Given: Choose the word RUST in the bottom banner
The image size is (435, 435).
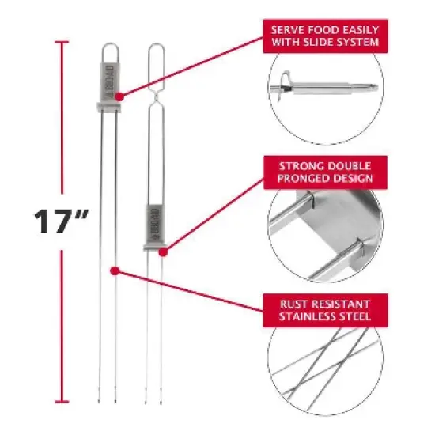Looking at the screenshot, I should coord(288,304).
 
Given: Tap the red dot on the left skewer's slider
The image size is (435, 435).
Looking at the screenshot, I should coord(118,96).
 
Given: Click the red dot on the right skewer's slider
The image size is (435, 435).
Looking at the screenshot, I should coord(163,253).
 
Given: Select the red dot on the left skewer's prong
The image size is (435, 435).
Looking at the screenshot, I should coord(115,271).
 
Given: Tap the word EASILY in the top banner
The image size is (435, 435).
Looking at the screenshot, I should coord(357,28).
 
